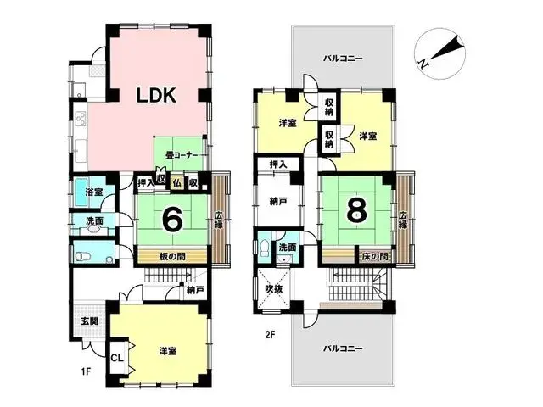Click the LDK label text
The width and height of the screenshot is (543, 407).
coord(157,96)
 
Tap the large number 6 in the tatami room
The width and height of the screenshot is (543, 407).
coord(173,220)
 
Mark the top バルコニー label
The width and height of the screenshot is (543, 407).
coord(343,59)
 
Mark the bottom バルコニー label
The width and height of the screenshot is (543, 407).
coord(343,348)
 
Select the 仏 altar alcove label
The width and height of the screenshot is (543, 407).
coord(177,182)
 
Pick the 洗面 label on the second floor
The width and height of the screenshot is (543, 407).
coord(286,248)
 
